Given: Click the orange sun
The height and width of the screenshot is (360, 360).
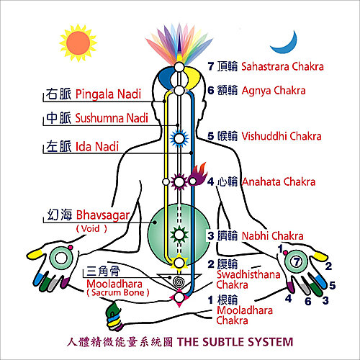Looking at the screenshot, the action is click(x=78, y=43).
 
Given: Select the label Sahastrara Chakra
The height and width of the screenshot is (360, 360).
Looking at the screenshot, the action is click(x=282, y=66).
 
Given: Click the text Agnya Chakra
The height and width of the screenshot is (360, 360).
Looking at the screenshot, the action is click(x=274, y=91).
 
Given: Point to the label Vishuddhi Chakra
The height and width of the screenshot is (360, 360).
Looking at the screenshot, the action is click(x=282, y=136).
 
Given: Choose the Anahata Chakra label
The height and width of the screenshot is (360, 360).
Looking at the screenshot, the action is click(x=279, y=181).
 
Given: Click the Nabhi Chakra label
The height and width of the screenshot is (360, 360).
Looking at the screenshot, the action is click(x=273, y=235).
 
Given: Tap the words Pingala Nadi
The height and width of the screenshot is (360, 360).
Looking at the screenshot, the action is click(x=108, y=94).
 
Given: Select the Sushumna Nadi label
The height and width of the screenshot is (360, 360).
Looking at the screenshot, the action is click(x=112, y=118).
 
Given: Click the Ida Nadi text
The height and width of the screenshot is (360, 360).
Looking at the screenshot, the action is click(x=97, y=146).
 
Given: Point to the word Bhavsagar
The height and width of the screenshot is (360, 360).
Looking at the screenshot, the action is click(x=103, y=215).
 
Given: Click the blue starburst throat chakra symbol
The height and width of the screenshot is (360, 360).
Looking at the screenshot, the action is click(x=179, y=138).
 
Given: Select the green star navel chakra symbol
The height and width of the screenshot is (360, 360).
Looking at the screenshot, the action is click(x=179, y=235).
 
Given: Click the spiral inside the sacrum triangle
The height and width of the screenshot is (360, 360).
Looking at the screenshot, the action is click(x=179, y=282).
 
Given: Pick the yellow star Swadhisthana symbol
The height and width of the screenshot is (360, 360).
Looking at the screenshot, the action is click(x=179, y=263).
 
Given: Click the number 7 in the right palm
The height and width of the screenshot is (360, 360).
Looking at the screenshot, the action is click(x=297, y=261).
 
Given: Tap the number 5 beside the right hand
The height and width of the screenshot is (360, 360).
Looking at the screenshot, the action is click(x=332, y=285).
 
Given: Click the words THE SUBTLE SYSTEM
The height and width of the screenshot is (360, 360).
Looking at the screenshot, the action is click(x=235, y=342).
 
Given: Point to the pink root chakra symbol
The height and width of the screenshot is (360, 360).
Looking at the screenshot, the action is click(x=179, y=297).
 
